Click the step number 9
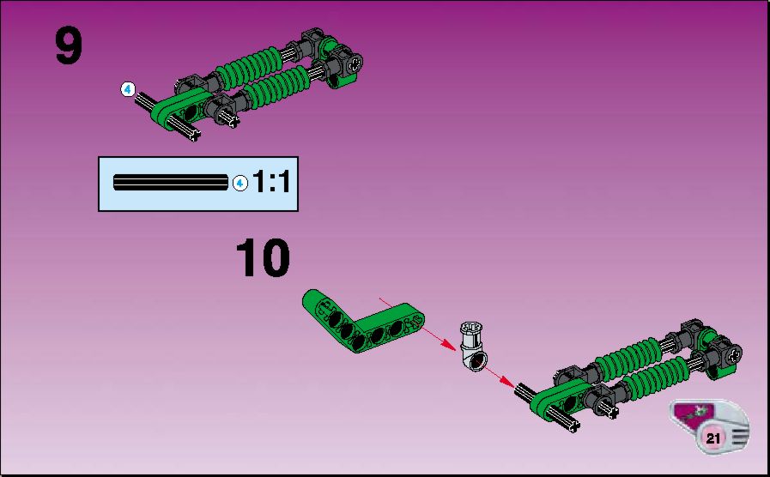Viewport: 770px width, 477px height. (69, 45)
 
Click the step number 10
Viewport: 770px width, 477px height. (263, 258)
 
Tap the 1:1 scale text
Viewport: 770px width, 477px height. (271, 182)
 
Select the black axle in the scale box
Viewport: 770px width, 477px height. (171, 182)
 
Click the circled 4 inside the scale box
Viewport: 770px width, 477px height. (239, 184)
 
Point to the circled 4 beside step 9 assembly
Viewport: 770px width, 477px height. (128, 89)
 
